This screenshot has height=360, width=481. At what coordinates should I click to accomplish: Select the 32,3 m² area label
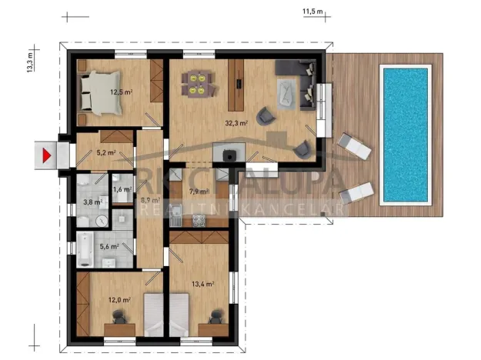235,122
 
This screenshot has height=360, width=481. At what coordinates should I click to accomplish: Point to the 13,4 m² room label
202,284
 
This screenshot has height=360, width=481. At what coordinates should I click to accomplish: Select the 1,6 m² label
122,189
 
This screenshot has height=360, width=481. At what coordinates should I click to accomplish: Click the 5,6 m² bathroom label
109,247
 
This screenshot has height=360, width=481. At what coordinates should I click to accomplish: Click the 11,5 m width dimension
312,12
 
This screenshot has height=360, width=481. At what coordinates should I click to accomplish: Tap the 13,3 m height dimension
30,62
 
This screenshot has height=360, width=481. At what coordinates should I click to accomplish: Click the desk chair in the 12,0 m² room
119,316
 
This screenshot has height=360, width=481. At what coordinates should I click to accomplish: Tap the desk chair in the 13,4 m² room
215,315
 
